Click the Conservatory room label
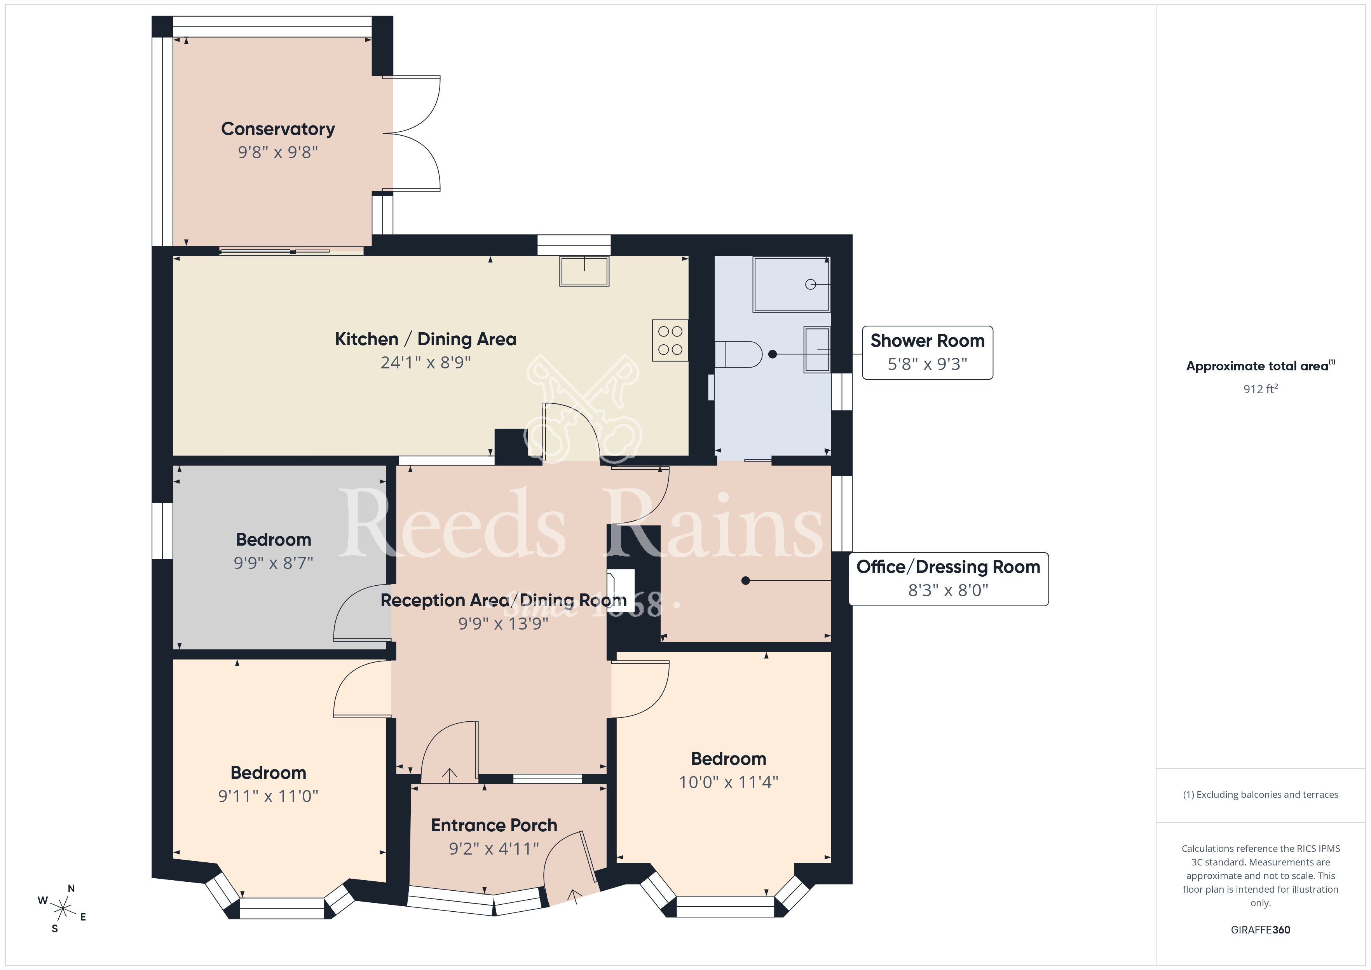point(278,129)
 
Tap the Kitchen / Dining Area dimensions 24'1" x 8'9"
point(426,363)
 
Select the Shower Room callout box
point(927,352)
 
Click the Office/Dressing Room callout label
point(948,567)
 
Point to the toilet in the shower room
point(739,354)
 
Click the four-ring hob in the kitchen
point(670,340)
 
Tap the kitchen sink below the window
point(584,271)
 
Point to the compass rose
point(62,909)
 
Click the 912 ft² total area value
point(1261,389)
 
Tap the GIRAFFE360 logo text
point(1261,930)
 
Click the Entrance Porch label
point(494,825)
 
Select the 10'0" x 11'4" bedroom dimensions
point(729,782)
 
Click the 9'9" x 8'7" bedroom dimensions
point(274,563)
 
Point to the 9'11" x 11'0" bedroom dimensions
point(268,796)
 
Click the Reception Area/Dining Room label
point(503,600)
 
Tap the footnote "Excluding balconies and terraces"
point(1266,794)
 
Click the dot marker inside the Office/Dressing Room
point(745,581)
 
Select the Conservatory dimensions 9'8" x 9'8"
point(278,152)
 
